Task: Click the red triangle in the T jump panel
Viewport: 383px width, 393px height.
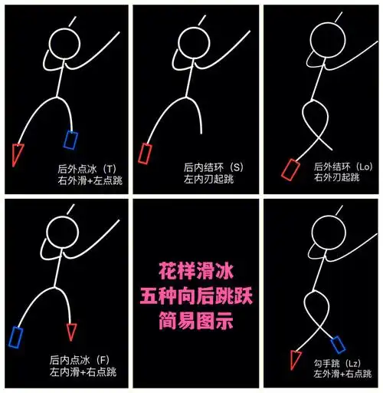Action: (x=18, y=154)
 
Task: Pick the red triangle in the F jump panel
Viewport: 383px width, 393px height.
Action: (x=72, y=331)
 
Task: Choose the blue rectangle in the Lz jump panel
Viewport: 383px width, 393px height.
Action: (x=337, y=345)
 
